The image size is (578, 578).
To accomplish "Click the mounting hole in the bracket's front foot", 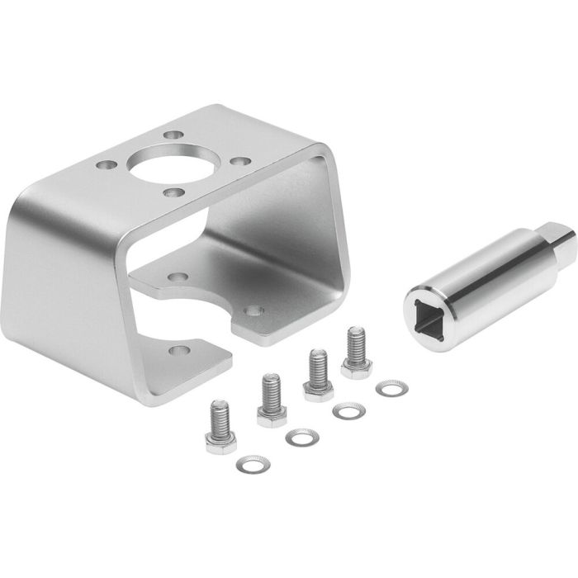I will pos(175,350).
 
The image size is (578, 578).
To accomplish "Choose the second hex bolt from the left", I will pos(269,400).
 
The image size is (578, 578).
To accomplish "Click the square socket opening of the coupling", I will pos(427,312).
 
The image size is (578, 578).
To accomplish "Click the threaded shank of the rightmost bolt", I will pos(356,342).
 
